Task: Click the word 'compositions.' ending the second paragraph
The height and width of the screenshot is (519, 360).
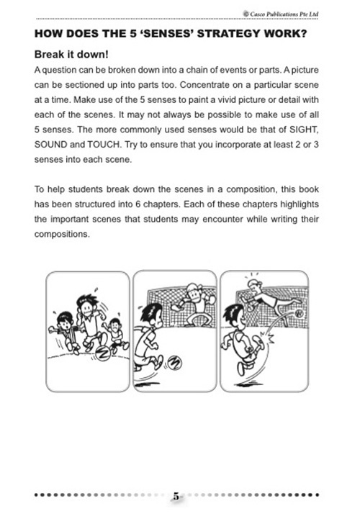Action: pos(61,233)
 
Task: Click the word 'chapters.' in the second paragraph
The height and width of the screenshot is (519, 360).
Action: pos(201,205)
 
